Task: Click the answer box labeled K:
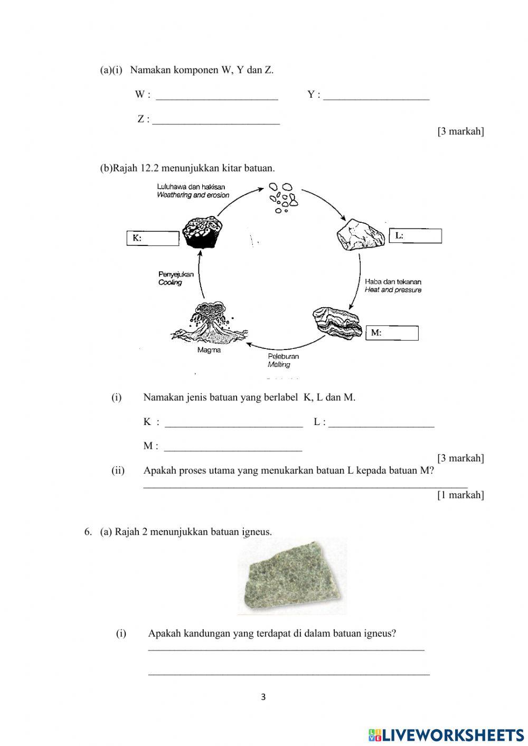pyautogui.click(x=153, y=238)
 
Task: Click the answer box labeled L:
pyautogui.click(x=416, y=236)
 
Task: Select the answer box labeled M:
pyautogui.click(x=392, y=333)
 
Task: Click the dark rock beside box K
pyautogui.click(x=202, y=232)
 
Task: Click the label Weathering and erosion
pyautogui.click(x=193, y=195)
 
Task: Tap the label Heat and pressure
pyautogui.click(x=393, y=290)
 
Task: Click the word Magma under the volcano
pyautogui.click(x=209, y=350)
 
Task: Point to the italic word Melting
pyautogui.click(x=279, y=364)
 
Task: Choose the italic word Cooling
pyautogui.click(x=170, y=282)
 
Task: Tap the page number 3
pyautogui.click(x=263, y=697)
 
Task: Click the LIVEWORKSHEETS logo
pyautogui.click(x=446, y=734)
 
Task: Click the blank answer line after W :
pyautogui.click(x=217, y=96)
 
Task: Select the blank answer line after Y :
pyautogui.click(x=376, y=96)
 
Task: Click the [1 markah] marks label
pyautogui.click(x=460, y=495)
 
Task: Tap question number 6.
pyautogui.click(x=88, y=532)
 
